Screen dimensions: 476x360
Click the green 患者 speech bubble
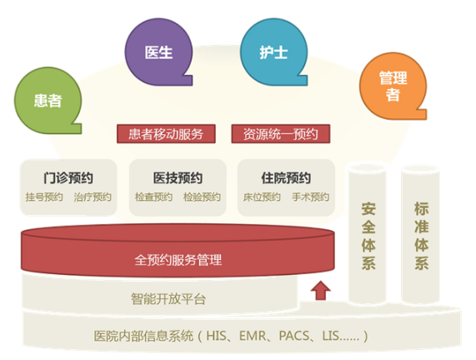48,101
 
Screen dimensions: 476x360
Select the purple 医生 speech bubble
158,52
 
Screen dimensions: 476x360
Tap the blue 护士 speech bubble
273,52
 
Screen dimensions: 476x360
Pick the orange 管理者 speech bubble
393,86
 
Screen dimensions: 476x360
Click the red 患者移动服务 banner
166,134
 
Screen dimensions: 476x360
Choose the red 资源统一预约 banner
280,134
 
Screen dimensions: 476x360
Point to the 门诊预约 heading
68,177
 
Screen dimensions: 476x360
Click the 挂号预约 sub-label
44,197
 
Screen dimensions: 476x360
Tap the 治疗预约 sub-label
93,197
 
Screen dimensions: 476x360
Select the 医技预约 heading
178,177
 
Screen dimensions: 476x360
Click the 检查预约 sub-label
153,197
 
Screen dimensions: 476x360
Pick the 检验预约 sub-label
202,197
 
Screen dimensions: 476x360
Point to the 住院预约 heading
286,177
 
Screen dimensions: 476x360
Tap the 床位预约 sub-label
262,197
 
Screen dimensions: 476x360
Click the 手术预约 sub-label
310,197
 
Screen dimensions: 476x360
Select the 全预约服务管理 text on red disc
178,260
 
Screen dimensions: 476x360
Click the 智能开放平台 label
168,299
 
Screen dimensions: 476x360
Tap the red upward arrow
321,291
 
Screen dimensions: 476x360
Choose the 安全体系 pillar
368,234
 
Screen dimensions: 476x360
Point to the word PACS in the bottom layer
294,336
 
